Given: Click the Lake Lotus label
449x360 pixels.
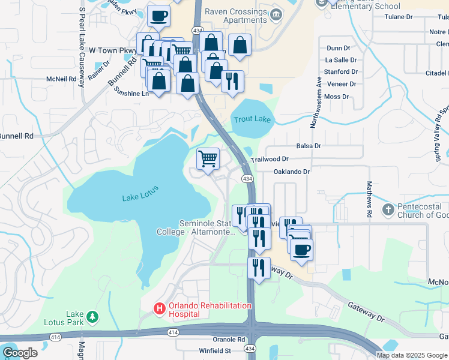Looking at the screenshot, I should click(139, 197).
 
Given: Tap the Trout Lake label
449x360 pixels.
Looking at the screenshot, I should click(253, 119).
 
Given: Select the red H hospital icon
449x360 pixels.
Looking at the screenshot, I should click(159, 309).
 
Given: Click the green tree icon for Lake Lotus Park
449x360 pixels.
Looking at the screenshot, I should click(92, 316).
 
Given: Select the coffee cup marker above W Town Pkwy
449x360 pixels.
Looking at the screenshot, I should click(159, 17).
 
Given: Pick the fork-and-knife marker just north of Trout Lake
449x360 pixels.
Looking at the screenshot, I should click(232, 80).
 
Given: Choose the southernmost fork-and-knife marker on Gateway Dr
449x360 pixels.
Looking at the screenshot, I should click(259, 268).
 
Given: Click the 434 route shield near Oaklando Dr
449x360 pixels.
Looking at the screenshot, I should click(247, 179).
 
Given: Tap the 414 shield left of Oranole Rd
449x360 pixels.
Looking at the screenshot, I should click(173, 332).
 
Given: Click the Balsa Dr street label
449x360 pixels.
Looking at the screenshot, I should click(309, 146).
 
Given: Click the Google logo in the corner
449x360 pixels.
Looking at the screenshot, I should click(20, 353).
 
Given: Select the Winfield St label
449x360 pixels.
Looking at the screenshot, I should click(215, 350).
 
